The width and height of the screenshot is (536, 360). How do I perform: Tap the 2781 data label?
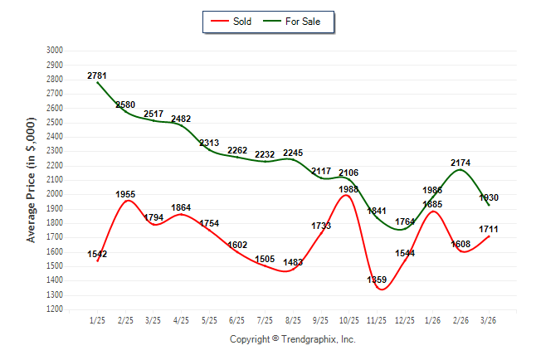coord(97,76)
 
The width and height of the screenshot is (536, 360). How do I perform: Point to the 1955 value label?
coord(125,194)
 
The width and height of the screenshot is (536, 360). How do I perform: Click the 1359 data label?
coord(377,280)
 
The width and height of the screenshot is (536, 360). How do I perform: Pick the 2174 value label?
coord(460,163)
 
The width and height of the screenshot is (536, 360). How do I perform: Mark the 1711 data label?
coord(489,228)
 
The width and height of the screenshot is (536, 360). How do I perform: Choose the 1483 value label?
coord(293,262)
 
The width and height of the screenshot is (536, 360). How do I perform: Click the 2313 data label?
coord(209,144)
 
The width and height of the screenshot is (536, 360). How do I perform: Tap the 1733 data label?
coord(321,226)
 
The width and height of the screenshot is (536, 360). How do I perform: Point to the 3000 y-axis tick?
coord(54,51)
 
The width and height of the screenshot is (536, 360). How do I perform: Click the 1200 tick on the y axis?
coord(54,309)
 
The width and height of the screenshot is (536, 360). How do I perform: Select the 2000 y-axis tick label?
coord(54,194)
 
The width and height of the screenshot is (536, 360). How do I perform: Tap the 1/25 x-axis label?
coord(97,320)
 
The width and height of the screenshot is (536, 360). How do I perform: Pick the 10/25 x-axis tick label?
coord(348,320)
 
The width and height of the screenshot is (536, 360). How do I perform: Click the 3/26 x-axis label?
coord(489,320)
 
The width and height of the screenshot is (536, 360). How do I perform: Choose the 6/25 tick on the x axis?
coord(236,320)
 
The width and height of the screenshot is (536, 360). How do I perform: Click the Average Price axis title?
coord(32,179)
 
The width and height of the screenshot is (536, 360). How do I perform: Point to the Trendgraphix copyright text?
coord(292,339)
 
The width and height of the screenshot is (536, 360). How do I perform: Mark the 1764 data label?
coord(405,221)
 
